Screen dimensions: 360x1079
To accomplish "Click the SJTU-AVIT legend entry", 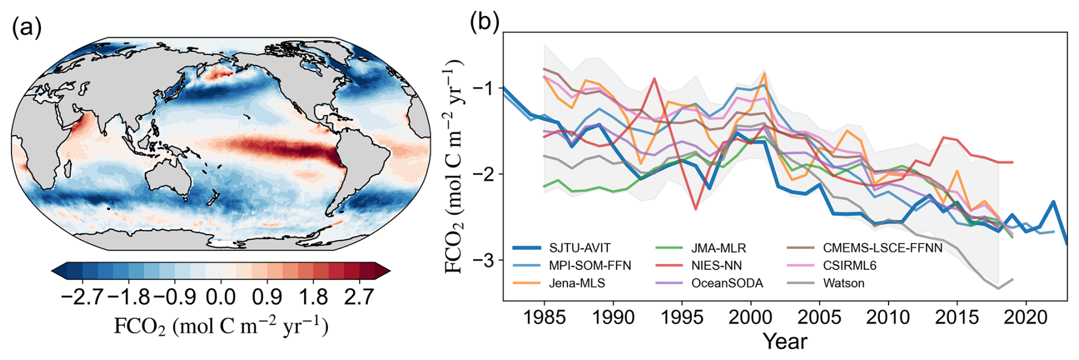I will pos(579,248).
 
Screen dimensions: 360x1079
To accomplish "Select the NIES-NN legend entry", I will pos(716,266).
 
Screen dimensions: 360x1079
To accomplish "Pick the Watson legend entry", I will pos(843,284).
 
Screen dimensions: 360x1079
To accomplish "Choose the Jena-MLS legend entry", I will pos(577,284).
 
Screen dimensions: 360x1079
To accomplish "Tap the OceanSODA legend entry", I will pos(727,284).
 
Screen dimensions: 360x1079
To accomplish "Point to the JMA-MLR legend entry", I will pos(718,248).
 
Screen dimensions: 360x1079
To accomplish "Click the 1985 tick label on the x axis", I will pos(545,318).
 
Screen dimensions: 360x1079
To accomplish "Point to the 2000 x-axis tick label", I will pos(751,318).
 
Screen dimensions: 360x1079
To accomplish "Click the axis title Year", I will pos(785,341).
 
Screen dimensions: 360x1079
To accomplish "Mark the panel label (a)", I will pos(27,27).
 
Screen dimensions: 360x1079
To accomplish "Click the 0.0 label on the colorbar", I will pos(221,297).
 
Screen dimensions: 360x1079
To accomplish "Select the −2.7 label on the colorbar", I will pos(82,297).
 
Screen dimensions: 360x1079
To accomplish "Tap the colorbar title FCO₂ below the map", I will pos(221,326).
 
